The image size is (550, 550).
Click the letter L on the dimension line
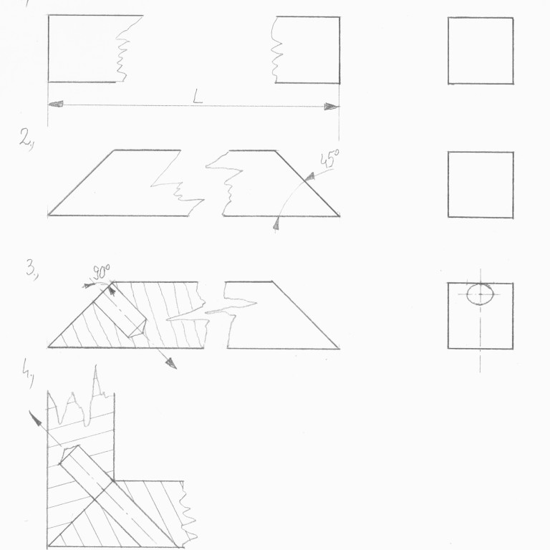(x=198, y=96)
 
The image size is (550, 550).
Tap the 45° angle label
(x=329, y=158)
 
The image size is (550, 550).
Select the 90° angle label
(x=101, y=272)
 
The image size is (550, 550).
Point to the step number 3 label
(x=32, y=270)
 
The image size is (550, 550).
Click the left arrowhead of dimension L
(x=55, y=104)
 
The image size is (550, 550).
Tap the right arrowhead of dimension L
(x=332, y=106)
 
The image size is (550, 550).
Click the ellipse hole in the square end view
(x=481, y=294)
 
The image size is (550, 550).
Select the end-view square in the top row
(x=481, y=51)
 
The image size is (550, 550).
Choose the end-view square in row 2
(x=481, y=185)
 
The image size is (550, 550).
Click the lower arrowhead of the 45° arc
(x=276, y=223)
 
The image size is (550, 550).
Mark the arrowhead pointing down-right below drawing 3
(x=171, y=363)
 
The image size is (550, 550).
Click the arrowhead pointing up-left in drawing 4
(x=34, y=417)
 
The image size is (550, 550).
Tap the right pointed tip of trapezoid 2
(x=339, y=216)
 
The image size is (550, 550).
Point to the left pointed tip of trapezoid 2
(x=49, y=215)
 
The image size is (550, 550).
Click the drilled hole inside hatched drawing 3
(x=120, y=309)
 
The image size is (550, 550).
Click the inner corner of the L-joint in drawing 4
(x=114, y=481)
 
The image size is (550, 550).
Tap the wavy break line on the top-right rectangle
(x=276, y=49)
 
